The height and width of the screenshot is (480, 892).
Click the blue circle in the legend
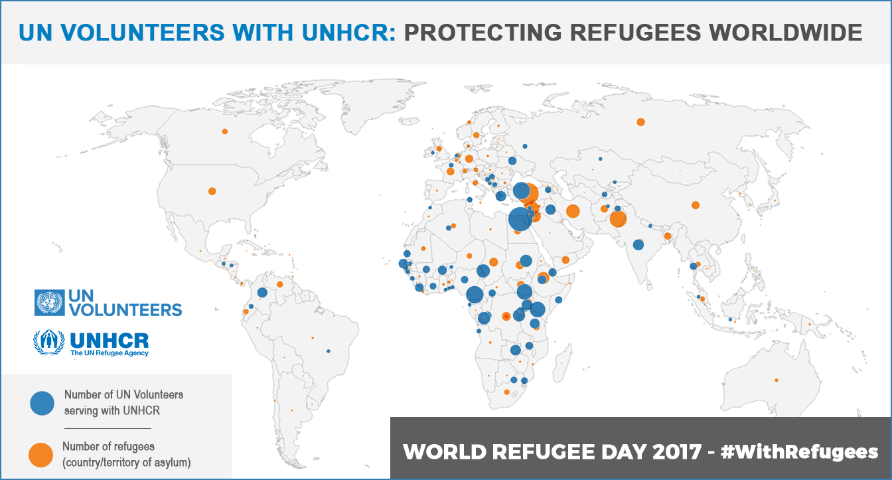click(42, 402)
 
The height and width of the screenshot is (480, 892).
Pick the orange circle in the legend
click(41, 454)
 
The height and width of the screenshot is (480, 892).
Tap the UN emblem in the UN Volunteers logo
click(49, 303)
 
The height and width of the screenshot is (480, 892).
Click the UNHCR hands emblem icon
click(49, 342)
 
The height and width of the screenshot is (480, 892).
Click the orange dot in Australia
click(776, 380)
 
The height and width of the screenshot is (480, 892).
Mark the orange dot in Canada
click(225, 131)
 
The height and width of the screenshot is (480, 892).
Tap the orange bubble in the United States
click(212, 191)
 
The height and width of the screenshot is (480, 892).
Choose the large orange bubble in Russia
click(640, 121)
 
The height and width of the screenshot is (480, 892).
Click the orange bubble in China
click(696, 205)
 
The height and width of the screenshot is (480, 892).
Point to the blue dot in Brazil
click(329, 351)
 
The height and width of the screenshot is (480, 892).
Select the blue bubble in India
click(638, 245)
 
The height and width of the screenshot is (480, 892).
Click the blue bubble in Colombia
click(262, 292)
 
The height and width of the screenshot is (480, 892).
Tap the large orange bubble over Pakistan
click(618, 219)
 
